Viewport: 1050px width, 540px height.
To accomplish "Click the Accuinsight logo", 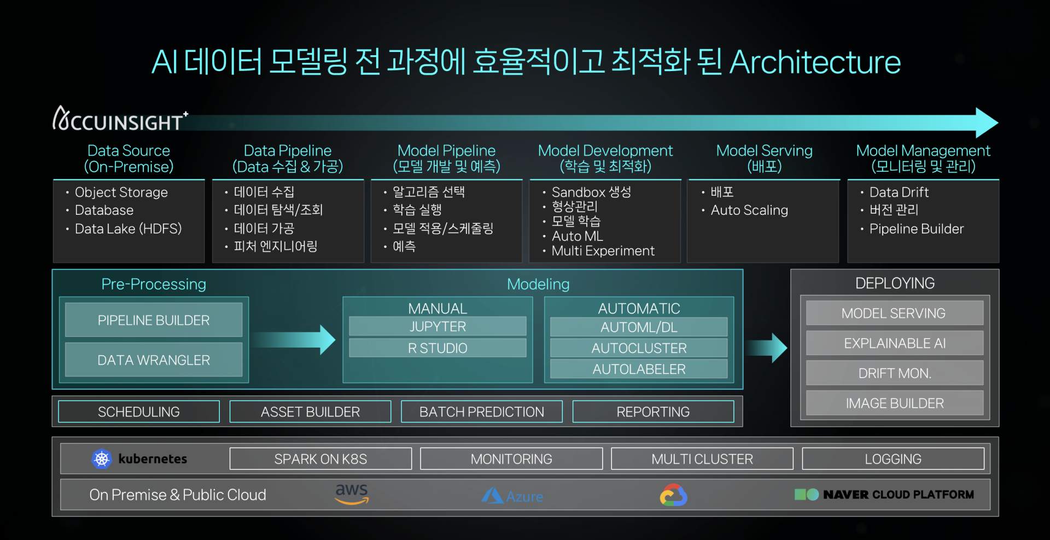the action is coord(120,119).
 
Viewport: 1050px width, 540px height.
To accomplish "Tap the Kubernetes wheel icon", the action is coord(102,459).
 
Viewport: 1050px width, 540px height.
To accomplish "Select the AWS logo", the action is coord(352,494).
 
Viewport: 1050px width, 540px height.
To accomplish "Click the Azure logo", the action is coord(512,496).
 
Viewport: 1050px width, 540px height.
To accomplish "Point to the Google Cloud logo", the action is coord(673,495).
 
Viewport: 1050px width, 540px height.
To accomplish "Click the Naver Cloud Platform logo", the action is coord(884,495).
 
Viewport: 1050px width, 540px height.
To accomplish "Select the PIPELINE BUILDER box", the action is coord(154,320).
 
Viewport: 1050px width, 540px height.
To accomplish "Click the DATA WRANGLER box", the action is coord(154,360).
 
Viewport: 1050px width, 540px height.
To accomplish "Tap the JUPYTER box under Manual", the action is coord(437,327).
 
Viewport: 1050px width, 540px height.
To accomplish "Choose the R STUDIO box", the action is coord(437,348).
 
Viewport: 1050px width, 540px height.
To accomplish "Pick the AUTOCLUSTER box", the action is coord(639,348).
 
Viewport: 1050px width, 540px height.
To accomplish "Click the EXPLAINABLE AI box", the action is coord(895,343).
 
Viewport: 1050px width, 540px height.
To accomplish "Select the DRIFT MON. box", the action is coord(895,373).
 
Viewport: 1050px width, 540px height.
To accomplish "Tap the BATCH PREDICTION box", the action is coord(482,412).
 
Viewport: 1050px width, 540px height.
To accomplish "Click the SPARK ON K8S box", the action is coord(320,459).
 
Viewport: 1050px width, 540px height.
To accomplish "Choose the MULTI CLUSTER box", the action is coord(702,459).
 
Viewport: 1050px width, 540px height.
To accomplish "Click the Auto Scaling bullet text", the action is coord(749,210).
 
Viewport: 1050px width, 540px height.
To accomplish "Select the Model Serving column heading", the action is coord(765,159).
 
